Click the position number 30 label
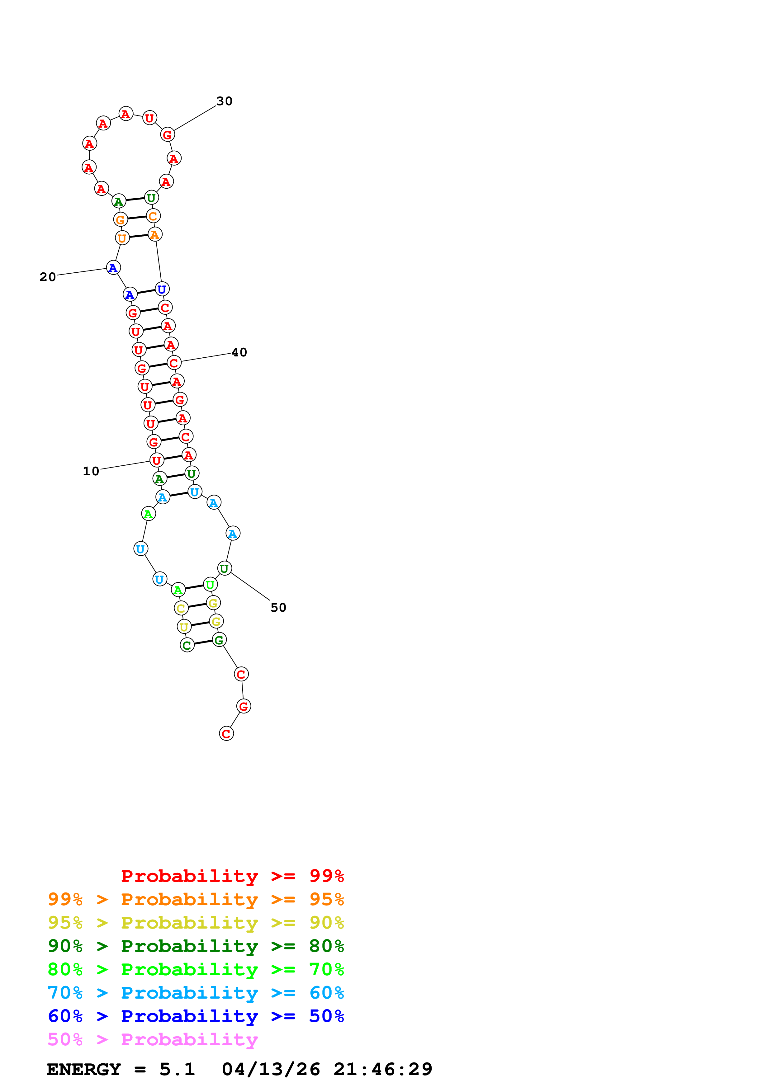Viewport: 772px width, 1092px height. click(x=224, y=101)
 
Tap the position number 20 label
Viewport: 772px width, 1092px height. click(x=48, y=277)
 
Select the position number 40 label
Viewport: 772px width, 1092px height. click(x=239, y=352)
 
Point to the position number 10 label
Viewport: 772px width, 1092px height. click(x=91, y=471)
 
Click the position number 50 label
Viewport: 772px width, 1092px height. click(x=278, y=608)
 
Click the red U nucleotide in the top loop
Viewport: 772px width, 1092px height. click(x=149, y=118)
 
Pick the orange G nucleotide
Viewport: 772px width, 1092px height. click(x=120, y=220)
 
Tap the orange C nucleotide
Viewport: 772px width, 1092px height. click(x=153, y=216)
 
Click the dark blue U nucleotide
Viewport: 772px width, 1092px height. click(x=162, y=289)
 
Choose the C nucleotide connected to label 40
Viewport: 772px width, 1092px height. click(x=174, y=363)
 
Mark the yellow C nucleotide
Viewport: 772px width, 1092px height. click(x=181, y=608)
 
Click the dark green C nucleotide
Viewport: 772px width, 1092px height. click(x=187, y=645)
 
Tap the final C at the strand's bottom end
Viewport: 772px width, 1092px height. click(x=226, y=734)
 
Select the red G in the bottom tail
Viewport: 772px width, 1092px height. click(x=244, y=706)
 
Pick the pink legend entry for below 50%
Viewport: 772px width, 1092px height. click(x=153, y=1040)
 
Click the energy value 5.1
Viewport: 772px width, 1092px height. click(x=177, y=1070)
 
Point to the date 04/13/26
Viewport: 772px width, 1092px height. click(x=271, y=1070)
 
